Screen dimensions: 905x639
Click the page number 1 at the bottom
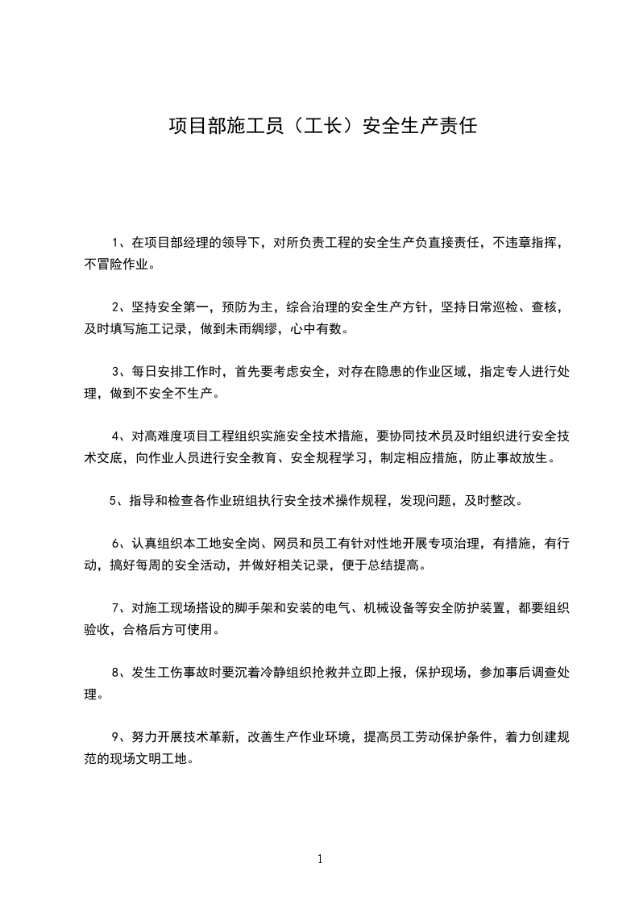pyautogui.click(x=320, y=859)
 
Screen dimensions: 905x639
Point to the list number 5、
pyautogui.click(x=118, y=501)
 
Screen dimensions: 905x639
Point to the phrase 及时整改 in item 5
pyautogui.click(x=494, y=501)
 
